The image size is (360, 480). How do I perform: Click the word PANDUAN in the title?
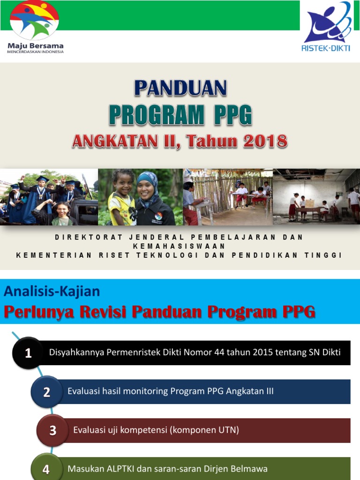[x=180, y=88]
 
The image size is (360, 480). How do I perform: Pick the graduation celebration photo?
[x=49, y=197]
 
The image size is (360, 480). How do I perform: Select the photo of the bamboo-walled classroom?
[x=228, y=197]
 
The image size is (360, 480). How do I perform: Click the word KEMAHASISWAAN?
[x=180, y=246]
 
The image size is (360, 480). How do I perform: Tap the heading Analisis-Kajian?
[x=52, y=291]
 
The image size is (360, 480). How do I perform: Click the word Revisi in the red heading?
[x=156, y=312]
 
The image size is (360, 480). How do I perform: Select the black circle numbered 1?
[x=28, y=353]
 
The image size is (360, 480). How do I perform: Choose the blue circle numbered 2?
[x=47, y=392]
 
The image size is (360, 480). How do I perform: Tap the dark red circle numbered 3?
[x=52, y=430]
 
